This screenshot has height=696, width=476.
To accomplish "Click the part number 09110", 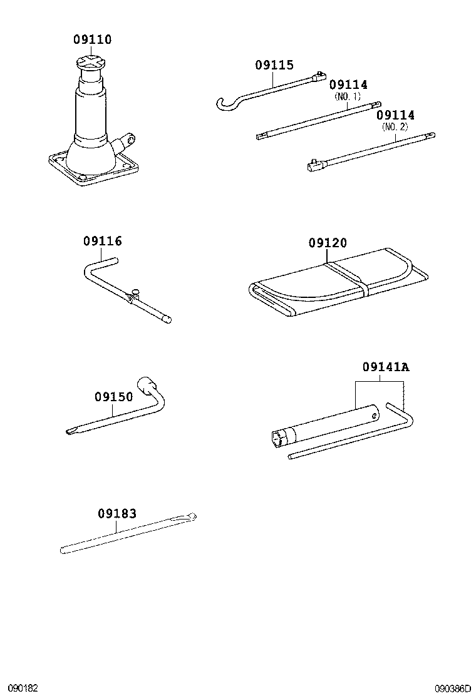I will coord(92,40).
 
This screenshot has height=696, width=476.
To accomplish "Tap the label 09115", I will coord(274,65).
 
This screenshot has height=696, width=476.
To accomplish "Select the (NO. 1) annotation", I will coord(348,96).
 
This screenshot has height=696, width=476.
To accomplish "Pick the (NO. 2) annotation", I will coord(395,126).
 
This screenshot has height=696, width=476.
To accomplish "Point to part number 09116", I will coord(102,242).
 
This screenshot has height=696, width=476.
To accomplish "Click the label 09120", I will coord(327,243).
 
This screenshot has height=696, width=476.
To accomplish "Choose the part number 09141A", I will coord(385,367).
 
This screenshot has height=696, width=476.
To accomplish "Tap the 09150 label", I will coord(113,397).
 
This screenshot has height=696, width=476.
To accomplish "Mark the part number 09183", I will coord(116,513).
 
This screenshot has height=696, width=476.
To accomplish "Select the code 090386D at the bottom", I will coord(453,688).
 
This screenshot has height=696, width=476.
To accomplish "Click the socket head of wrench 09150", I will coord(147,385).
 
